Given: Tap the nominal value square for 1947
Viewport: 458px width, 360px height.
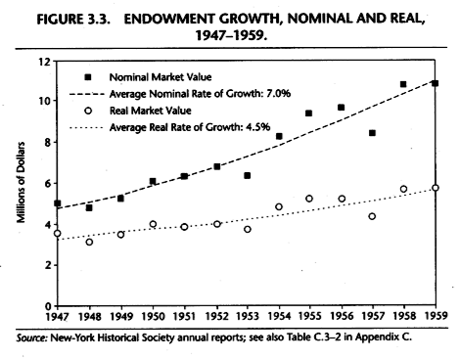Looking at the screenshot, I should coord(59,204).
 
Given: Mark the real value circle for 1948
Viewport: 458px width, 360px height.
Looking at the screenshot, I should coord(90,241).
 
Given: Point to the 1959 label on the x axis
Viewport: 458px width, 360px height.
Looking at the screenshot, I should coord(435,318).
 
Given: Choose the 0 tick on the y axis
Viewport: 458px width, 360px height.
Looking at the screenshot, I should coord(45,306).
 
